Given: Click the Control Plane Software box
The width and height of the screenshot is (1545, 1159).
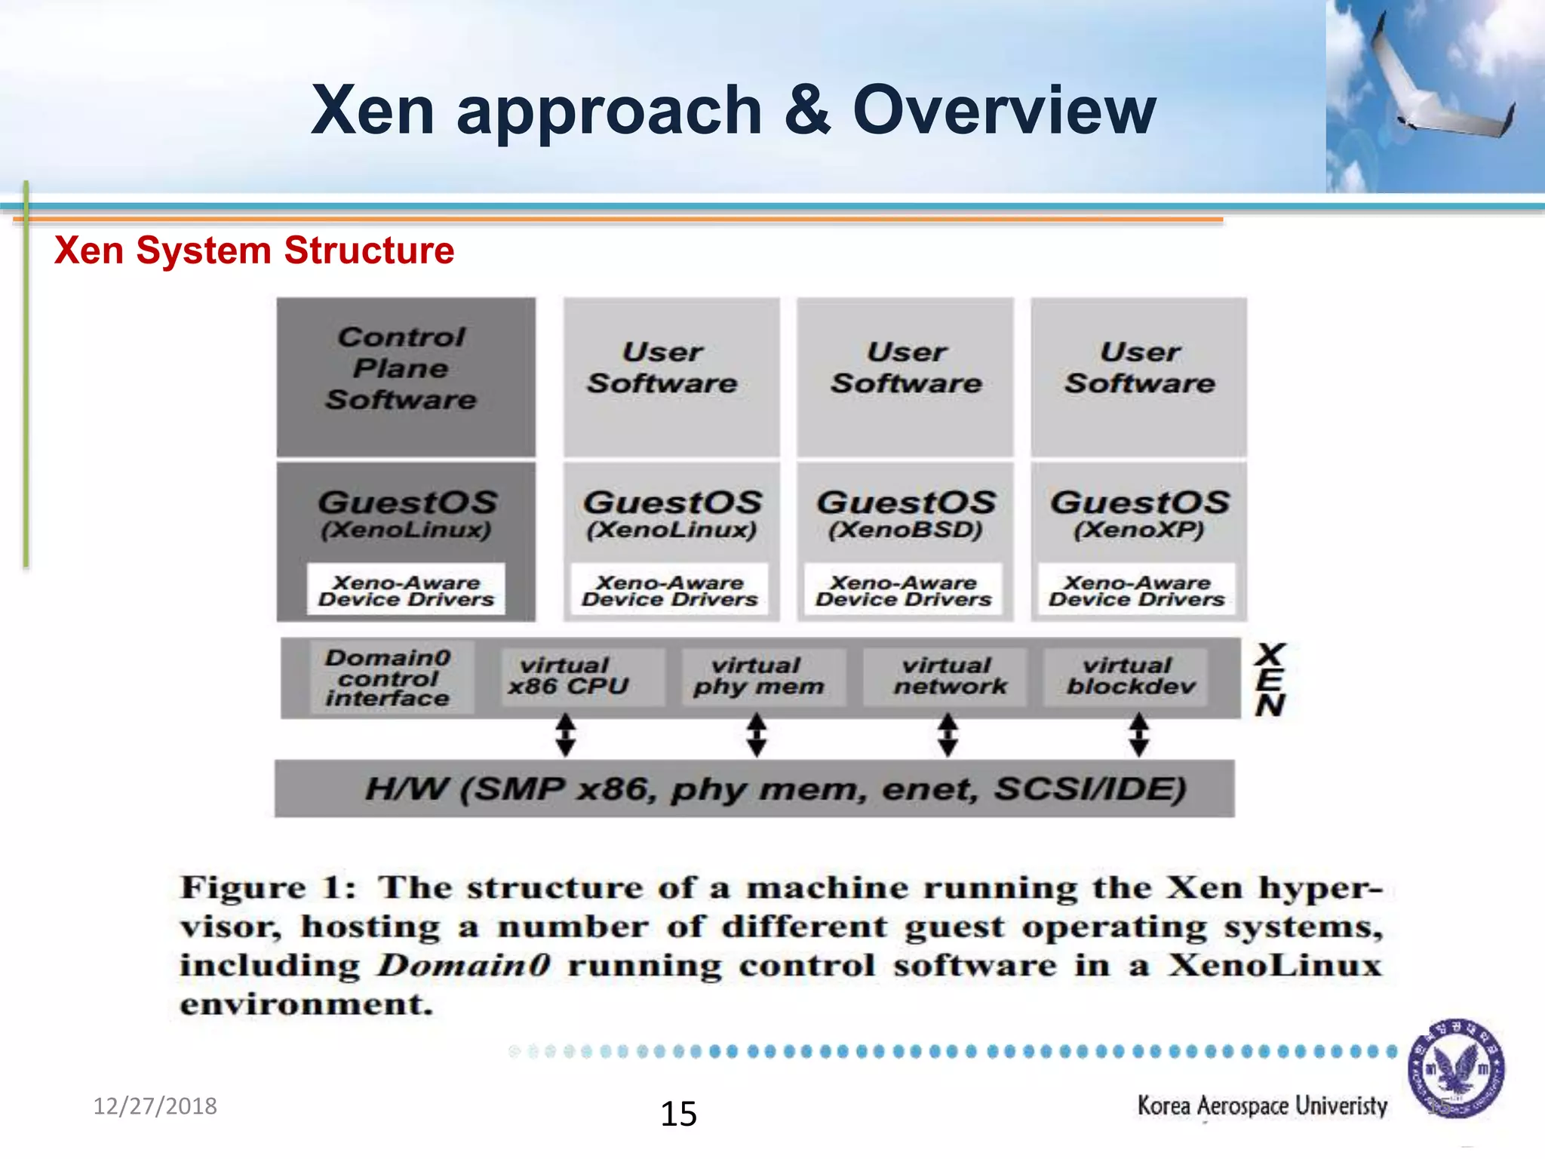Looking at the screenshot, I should pos(406,376).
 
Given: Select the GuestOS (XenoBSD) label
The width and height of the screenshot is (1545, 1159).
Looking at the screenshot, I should pos(905,513).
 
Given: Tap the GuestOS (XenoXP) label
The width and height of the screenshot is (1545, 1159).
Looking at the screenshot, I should pos(1139,513).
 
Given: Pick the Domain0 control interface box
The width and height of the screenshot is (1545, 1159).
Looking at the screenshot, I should pos(389,678).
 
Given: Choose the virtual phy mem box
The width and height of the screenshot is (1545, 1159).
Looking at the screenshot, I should pos(758,677).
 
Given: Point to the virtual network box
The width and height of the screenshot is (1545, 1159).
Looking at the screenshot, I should pos(949,677).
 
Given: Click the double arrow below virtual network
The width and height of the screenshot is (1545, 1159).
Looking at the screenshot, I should pos(948,735).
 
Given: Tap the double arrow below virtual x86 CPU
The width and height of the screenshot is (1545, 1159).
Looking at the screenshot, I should pos(566,735).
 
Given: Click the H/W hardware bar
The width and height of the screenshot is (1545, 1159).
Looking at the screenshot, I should pos(754,789).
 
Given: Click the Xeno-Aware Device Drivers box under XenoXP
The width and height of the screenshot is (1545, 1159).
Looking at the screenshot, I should pos(1137,591).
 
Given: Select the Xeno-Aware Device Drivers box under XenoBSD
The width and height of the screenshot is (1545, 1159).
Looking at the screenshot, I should pos(903,591).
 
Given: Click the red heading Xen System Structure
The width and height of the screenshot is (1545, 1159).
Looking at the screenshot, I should pos(254,251).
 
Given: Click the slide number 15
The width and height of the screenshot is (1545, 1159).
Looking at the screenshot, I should pos(678,1114).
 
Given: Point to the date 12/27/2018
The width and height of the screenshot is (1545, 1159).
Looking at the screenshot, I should pos(155,1106).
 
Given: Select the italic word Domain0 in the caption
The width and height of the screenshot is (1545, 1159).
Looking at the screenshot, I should pos(464,965).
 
